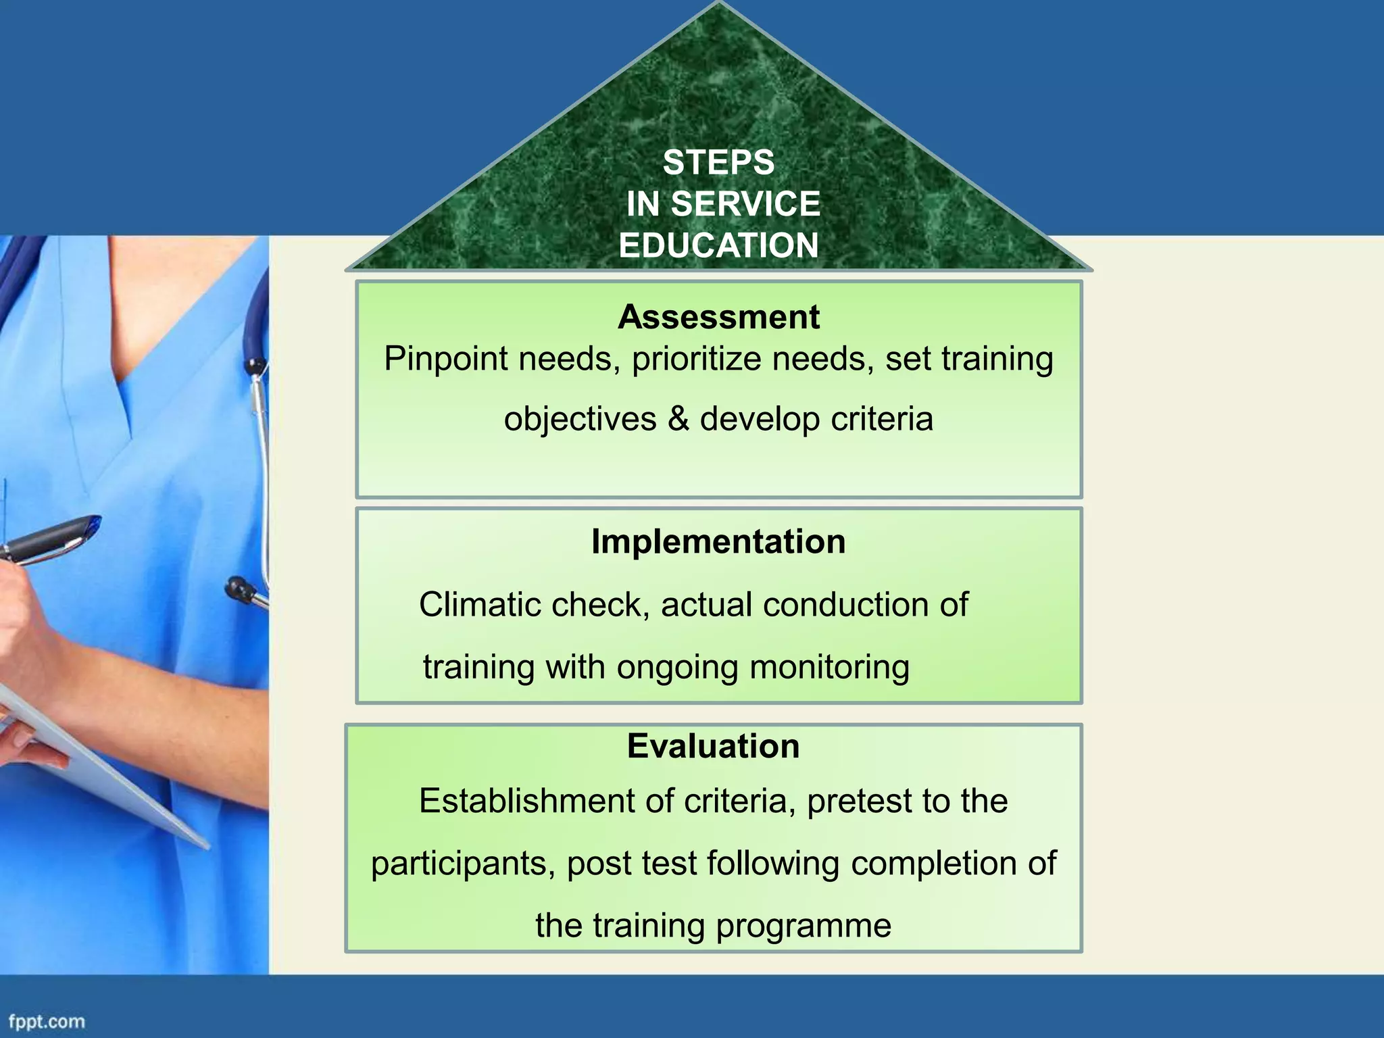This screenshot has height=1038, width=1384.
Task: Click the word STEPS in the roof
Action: point(718,163)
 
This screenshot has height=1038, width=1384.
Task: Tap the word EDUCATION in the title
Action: point(718,245)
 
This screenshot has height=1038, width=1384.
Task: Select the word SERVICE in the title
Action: point(745,204)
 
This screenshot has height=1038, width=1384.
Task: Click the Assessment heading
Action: point(718,317)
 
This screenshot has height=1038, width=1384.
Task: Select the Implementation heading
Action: point(718,541)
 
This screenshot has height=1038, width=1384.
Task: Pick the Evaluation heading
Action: point(713,746)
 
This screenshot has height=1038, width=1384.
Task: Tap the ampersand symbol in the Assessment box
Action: point(678,418)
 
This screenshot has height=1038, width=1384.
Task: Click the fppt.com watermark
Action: point(47,1022)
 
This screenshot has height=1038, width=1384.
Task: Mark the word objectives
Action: point(580,420)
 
